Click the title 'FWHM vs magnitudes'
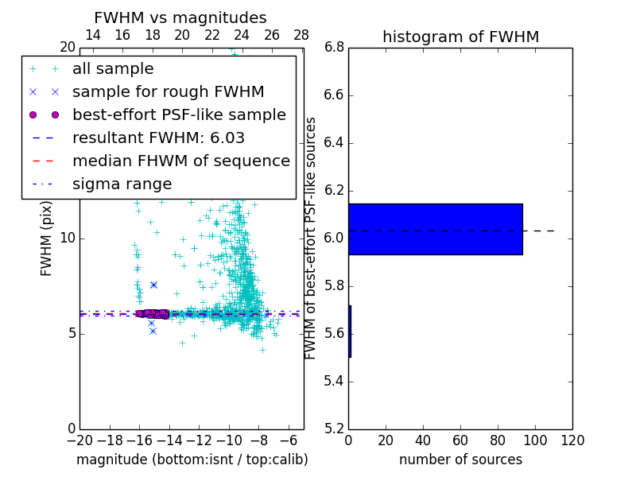(x=180, y=18)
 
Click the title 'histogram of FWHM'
(x=460, y=37)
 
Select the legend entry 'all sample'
(x=113, y=69)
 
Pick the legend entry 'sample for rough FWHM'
(x=168, y=91)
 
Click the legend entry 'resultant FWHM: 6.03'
(x=158, y=138)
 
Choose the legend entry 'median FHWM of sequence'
(x=180, y=161)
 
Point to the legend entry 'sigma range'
(x=122, y=184)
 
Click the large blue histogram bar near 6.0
(x=435, y=229)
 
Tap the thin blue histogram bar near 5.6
(x=349, y=331)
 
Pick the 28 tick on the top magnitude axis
(x=301, y=35)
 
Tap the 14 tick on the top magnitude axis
(x=92, y=35)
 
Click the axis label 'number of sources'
(x=460, y=460)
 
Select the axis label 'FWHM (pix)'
(x=47, y=238)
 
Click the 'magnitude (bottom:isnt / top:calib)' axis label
(x=192, y=460)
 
